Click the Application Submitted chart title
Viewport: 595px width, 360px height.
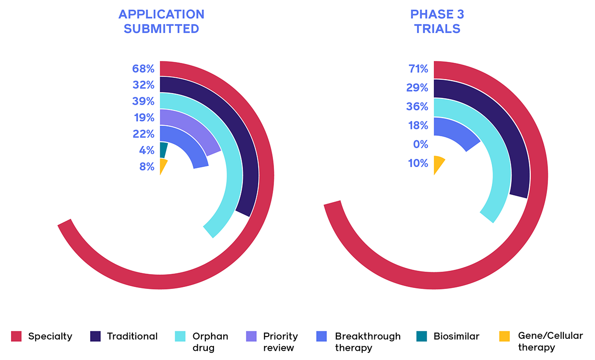(161, 22)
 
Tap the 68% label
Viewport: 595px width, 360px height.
(143, 69)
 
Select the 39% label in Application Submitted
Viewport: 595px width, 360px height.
(143, 101)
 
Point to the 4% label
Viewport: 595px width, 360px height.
(146, 150)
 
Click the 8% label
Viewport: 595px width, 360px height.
(146, 167)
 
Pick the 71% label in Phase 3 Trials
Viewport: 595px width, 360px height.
(417, 69)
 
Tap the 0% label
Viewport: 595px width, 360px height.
(420, 144)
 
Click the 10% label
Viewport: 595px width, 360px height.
(417, 163)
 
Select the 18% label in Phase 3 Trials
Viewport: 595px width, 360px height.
(417, 125)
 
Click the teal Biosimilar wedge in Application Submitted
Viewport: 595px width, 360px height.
(164, 150)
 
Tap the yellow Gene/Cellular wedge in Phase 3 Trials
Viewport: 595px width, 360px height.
(439, 163)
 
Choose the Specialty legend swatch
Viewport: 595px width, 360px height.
(16, 336)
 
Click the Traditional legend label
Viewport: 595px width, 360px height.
(132, 336)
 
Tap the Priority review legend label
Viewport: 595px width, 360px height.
(280, 342)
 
